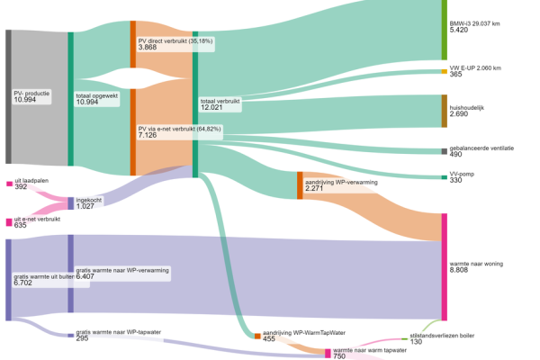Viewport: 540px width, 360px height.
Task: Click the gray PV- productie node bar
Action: pyautogui.click(x=8, y=96)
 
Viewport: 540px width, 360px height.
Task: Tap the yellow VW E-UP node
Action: pyautogui.click(x=443, y=72)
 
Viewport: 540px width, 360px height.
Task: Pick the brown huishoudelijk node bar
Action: pyautogui.click(x=443, y=110)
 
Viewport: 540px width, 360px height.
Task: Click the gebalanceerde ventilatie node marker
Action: pyautogui.click(x=443, y=151)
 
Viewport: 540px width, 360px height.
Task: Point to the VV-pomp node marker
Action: pyautogui.click(x=443, y=177)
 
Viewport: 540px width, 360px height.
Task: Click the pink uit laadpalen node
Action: pyautogui.click(x=9, y=184)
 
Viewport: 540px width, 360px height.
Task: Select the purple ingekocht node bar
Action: pyautogui.click(x=71, y=202)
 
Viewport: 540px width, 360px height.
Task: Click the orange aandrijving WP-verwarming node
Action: pyautogui.click(x=300, y=184)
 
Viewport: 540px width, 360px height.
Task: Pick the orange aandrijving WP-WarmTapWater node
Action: pyautogui.click(x=257, y=336)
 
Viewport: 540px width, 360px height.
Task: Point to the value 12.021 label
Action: pyautogui.click(x=211, y=108)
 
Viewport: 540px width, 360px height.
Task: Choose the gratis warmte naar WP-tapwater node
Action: pyautogui.click(x=71, y=336)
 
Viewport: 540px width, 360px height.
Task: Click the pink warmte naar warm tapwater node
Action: pyautogui.click(x=328, y=353)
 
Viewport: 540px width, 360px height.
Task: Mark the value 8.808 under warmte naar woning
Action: pyautogui.click(x=461, y=270)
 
